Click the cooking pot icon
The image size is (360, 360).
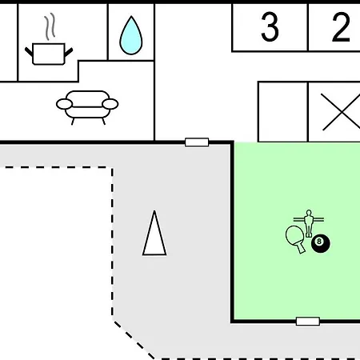coord(49,54)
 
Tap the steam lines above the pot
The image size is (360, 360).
coord(50,26)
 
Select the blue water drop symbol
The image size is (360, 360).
coord(131,35)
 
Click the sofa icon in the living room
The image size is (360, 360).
coord(87,107)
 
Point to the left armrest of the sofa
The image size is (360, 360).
coord(64,104)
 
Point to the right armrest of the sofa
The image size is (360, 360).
coord(110,104)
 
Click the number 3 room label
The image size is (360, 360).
coord(270,27)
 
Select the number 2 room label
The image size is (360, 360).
coord(341,27)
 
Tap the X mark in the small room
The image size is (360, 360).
coord(341,112)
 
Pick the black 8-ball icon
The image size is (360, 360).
coord(321,243)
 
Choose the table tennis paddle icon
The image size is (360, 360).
coord(295,238)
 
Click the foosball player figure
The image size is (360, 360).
coord(309,223)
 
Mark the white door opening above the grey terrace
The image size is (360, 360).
coord(197,142)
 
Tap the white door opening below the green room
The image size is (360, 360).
coord(308,322)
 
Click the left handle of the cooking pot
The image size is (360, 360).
coord(29,52)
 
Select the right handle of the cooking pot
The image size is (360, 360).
coord(69,52)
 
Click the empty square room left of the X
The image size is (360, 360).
coord(282,112)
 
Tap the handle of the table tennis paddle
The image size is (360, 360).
coord(301,249)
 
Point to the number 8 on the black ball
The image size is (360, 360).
coord(319,242)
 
